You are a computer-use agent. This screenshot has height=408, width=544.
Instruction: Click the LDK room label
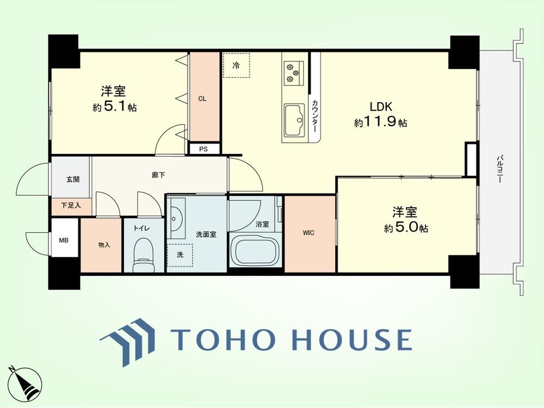click(381, 107)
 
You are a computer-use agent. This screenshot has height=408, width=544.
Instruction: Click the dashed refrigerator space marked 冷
click(236, 66)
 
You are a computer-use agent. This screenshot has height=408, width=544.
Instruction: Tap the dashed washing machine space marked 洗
click(180, 255)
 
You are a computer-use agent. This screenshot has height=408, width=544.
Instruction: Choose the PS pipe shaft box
click(203, 149)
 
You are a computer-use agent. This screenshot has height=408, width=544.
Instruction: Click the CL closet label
click(202, 99)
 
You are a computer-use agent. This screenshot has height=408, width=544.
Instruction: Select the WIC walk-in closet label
click(308, 233)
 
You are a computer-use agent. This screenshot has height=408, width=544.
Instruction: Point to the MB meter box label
click(64, 240)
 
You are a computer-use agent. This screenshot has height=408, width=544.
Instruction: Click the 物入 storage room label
click(104, 245)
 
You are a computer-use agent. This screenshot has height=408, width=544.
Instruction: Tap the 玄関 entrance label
click(73, 180)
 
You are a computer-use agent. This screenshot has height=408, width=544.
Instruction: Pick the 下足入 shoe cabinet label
click(71, 206)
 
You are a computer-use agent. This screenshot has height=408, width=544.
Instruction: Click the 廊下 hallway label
click(158, 175)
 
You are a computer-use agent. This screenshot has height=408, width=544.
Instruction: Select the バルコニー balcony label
click(499, 169)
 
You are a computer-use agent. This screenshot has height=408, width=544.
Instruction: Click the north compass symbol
click(24, 382)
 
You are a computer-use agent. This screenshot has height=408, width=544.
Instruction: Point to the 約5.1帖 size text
click(114, 107)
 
